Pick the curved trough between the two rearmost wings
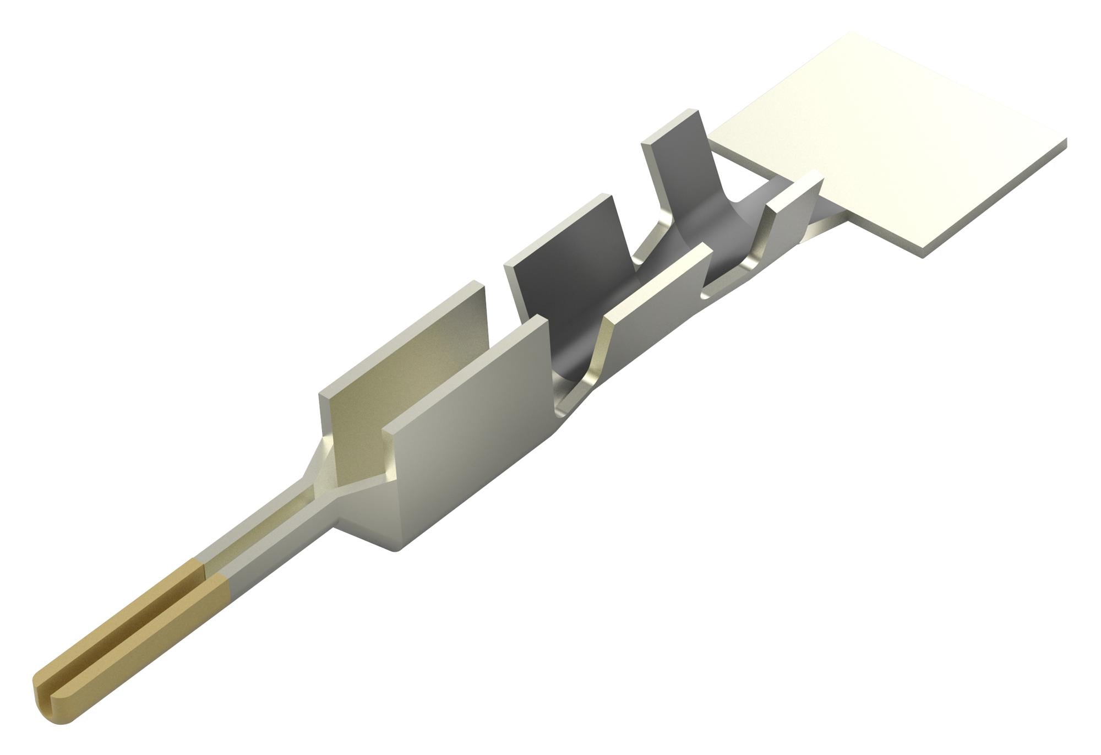click(716, 237)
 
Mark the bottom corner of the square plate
click(922, 254)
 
